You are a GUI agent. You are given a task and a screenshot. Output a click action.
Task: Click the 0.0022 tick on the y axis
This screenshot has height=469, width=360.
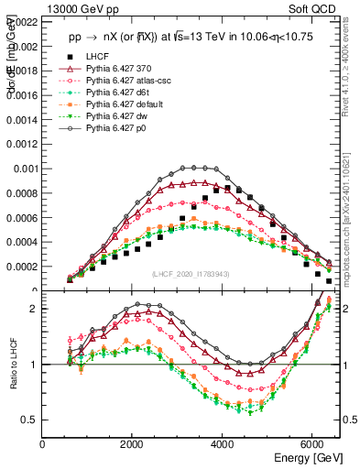pyautogui.click(x=22, y=19)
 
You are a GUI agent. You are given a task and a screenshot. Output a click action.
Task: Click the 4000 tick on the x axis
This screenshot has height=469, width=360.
pyautogui.click(x=223, y=445)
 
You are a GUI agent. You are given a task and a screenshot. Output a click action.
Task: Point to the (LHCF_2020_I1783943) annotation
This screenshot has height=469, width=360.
pyautogui.click(x=191, y=275)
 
